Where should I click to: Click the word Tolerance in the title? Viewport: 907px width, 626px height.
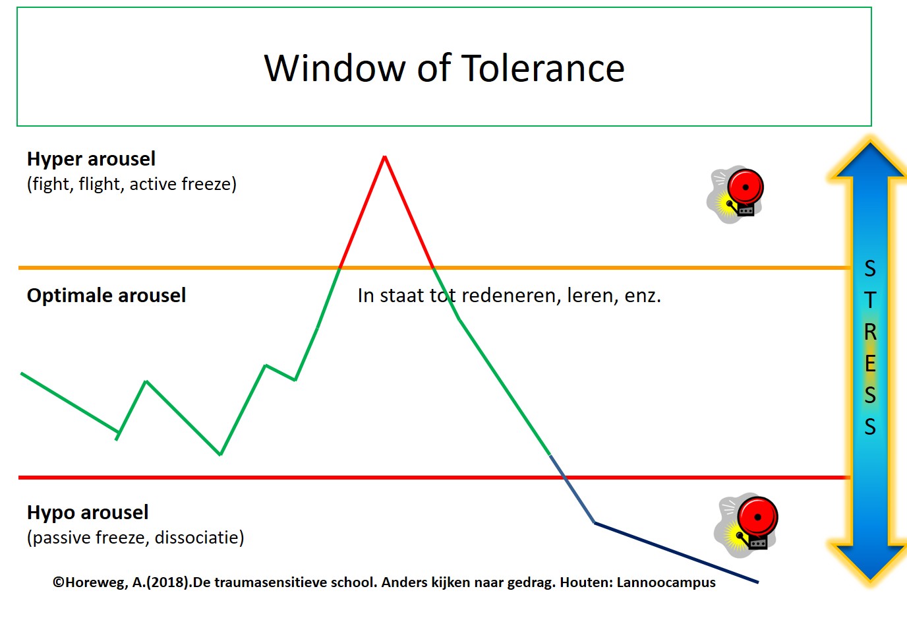(542, 69)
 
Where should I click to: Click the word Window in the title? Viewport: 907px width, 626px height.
(335, 69)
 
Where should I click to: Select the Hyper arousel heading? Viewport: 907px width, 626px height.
(91, 159)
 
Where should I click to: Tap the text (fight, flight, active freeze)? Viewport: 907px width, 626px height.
(132, 184)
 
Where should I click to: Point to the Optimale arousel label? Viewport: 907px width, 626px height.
(106, 296)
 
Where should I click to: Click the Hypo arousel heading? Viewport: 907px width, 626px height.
(88, 513)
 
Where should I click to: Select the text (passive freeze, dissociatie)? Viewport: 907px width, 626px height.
(135, 538)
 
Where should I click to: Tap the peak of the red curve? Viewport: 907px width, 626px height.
(385, 157)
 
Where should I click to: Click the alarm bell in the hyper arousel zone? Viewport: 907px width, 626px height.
(737, 194)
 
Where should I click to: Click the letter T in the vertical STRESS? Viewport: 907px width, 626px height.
(870, 300)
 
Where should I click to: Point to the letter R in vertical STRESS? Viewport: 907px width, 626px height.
(870, 332)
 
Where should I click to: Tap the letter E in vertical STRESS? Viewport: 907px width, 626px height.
(870, 363)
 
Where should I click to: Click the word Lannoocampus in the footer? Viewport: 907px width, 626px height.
(666, 583)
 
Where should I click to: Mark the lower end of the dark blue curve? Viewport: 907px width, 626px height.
(757, 582)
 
